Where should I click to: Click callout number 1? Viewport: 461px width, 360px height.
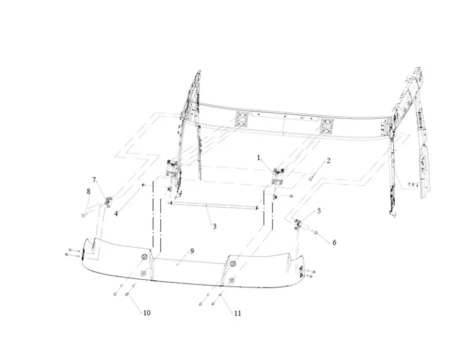259,158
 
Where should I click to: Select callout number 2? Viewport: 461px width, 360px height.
328,161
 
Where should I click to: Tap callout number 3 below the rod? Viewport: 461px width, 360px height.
215,226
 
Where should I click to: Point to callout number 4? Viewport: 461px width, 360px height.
116,214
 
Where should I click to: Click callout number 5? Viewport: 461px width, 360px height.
319,211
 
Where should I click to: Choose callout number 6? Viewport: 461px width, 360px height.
334,242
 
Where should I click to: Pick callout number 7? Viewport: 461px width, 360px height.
94,180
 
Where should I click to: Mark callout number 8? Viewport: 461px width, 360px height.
88,192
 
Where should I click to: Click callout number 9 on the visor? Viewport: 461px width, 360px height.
192,251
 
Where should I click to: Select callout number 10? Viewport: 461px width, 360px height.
147,312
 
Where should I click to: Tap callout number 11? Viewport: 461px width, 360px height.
238,313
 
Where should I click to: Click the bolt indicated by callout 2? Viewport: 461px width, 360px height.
311,178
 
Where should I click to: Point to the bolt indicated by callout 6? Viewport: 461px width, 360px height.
314,232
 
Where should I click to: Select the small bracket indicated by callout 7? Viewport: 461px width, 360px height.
108,202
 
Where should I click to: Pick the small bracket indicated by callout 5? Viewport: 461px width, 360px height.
297,224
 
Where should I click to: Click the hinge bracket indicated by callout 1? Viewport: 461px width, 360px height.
278,176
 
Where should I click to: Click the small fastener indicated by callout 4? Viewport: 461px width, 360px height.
144,184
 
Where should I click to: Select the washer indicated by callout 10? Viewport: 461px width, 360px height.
127,294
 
